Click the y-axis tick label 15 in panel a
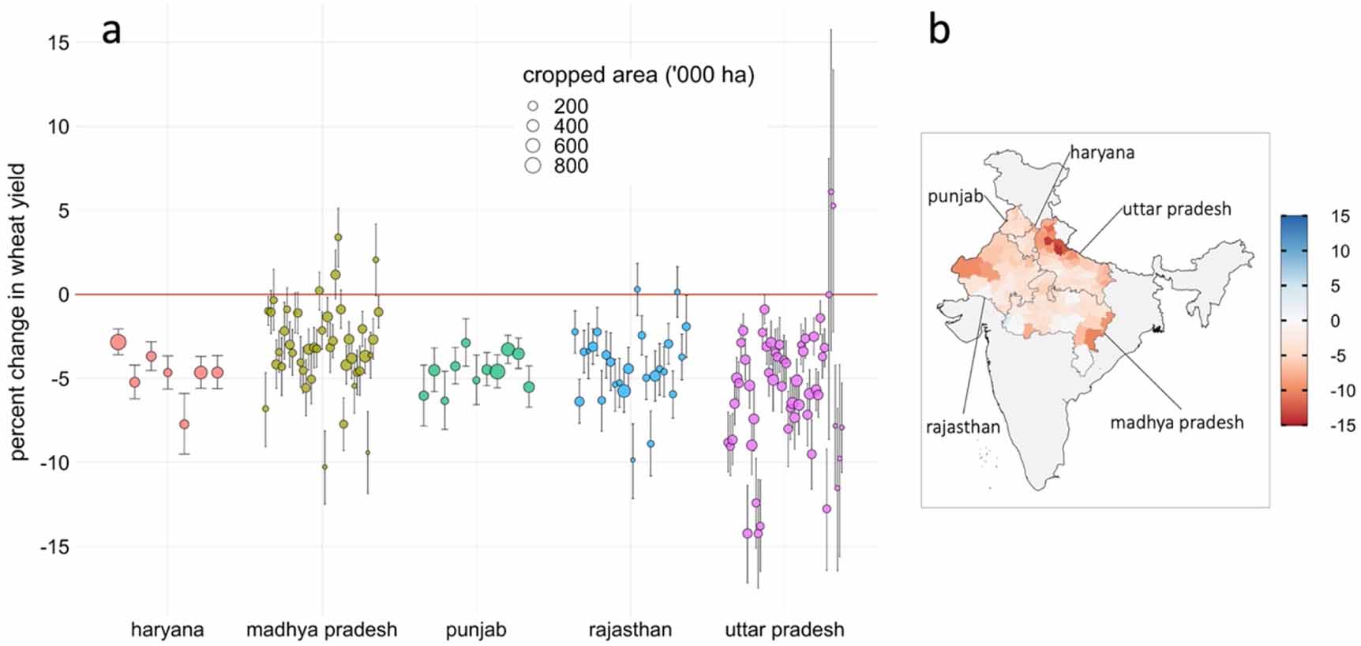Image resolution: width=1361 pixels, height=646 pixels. (x=59, y=43)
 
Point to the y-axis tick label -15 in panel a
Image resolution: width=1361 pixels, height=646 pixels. (x=54, y=546)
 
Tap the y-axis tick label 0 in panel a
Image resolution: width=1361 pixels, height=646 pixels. (x=64, y=295)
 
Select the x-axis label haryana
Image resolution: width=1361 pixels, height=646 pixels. (x=167, y=630)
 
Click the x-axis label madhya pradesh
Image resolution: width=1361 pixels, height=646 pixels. (x=321, y=630)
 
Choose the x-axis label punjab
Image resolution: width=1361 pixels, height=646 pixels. (x=476, y=630)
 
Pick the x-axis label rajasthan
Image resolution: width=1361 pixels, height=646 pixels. (x=630, y=630)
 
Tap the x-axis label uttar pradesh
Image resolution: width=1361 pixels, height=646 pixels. (x=785, y=630)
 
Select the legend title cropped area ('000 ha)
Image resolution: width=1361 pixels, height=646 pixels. (x=639, y=76)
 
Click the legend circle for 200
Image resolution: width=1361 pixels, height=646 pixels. (x=533, y=106)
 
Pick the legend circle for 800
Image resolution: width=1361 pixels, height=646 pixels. (x=533, y=165)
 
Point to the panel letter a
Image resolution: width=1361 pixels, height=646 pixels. (x=111, y=32)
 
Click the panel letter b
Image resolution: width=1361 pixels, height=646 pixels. (x=939, y=30)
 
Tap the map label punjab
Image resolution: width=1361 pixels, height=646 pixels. (x=955, y=196)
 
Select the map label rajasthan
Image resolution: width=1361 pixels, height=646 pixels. (x=963, y=427)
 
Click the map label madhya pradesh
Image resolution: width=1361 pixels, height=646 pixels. (x=1177, y=423)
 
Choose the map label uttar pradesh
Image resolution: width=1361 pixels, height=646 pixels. (x=1177, y=209)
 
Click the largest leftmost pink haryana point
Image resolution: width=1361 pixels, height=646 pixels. (x=118, y=342)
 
